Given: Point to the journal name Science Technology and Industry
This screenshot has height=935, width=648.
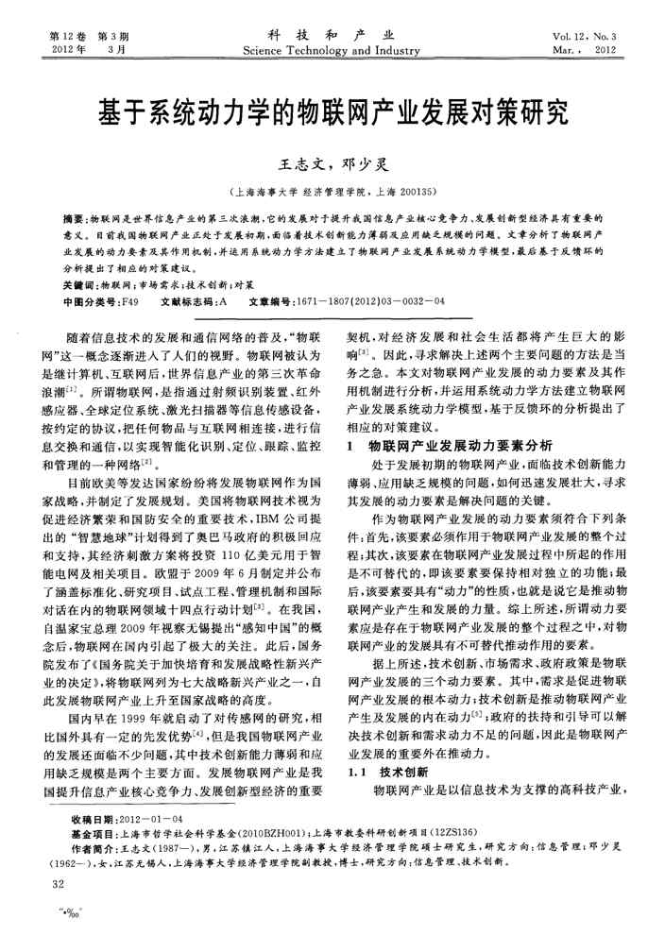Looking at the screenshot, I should pos(324,50).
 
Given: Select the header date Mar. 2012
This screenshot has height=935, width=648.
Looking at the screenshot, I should pos(584,50).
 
